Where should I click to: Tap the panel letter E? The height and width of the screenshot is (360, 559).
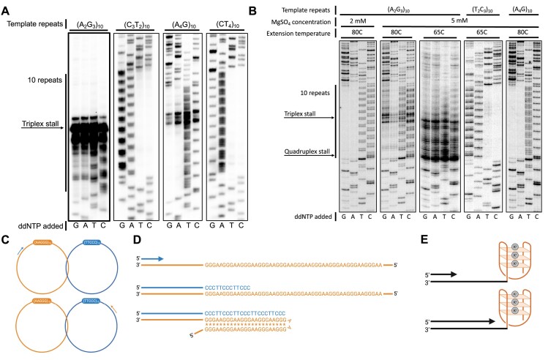[421, 239]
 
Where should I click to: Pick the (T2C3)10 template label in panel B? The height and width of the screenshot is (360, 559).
[480, 10]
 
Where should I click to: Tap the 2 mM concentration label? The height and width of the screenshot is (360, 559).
[358, 23]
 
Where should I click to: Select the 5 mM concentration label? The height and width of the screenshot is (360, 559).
[459, 23]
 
